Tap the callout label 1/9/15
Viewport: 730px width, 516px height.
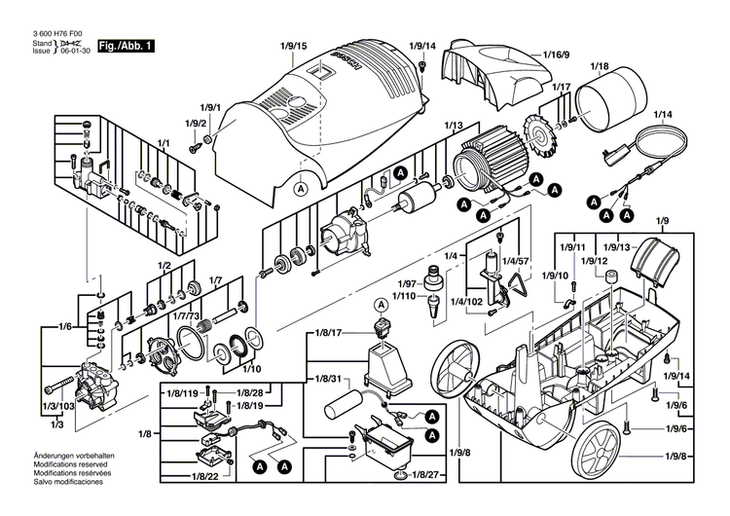(x=293, y=46)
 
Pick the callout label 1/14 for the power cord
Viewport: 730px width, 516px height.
(x=663, y=115)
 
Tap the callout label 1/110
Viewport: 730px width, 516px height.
(x=404, y=294)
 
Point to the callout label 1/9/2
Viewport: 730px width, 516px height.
(x=196, y=124)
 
